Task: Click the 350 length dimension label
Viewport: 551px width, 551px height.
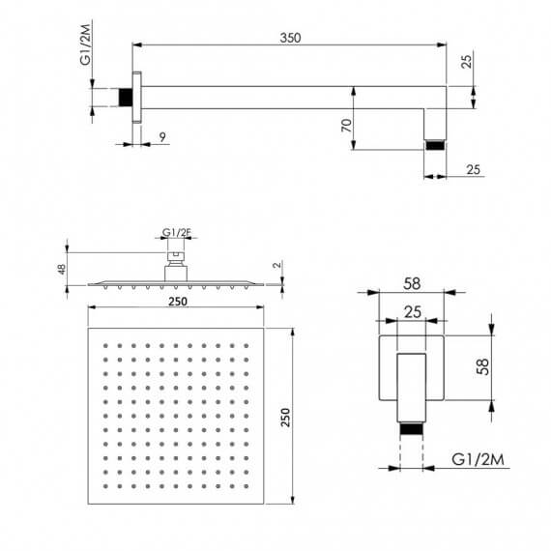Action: coord(290,38)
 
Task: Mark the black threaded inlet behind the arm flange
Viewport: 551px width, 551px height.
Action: coord(125,98)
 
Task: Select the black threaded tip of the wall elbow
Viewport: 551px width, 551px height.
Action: coord(414,431)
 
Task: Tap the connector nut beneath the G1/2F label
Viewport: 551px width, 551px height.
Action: coord(176,258)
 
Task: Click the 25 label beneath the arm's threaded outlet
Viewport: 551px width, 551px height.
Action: coord(473,171)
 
